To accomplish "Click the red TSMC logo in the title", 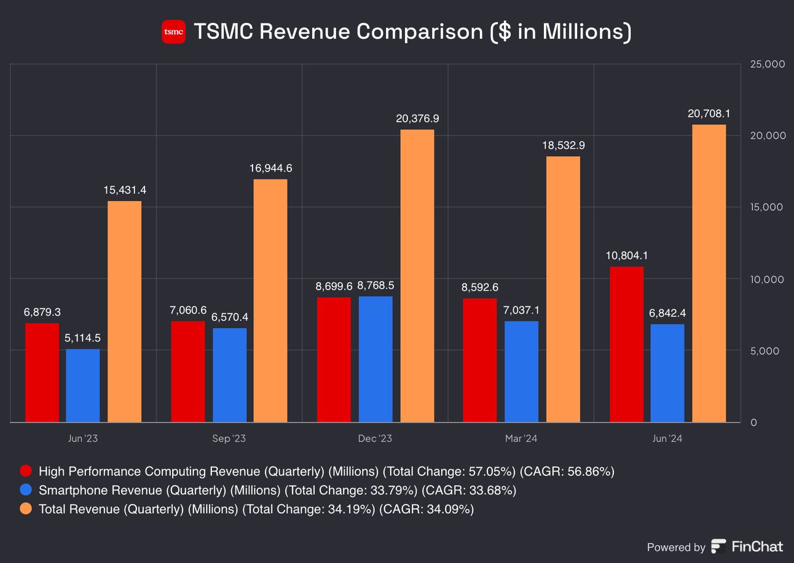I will tap(173, 32).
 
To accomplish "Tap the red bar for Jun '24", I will tap(626, 344).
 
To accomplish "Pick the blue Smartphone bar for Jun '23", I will tap(83, 385).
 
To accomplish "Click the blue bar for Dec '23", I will tap(375, 359).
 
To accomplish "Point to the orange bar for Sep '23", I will tap(270, 301).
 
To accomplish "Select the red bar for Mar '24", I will tap(479, 360).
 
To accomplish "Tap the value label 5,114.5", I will tap(83, 338).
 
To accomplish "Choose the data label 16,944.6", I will tap(270, 168).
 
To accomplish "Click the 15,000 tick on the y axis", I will tap(767, 207).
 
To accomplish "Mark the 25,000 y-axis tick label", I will tap(767, 64).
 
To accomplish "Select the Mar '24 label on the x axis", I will tap(521, 438).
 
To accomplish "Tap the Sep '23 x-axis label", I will tap(229, 438).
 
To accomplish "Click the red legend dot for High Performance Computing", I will tap(26, 471).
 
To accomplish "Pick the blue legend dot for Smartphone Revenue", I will tap(26, 490).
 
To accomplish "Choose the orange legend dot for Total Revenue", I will tap(26, 509).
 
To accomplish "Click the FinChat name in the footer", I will tap(757, 546).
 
